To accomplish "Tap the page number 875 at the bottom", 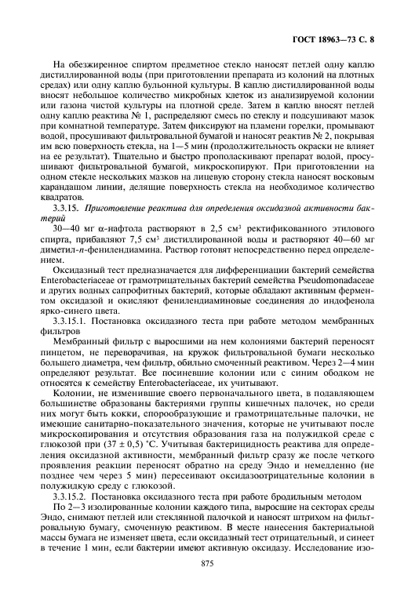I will pos(207,565).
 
